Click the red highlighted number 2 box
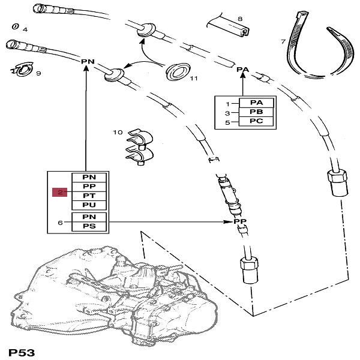[x=61, y=192]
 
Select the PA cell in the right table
[x=256, y=103]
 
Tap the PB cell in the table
[x=256, y=112]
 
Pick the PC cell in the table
[x=256, y=122]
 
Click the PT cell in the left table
[x=88, y=196]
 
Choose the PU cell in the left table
[x=88, y=206]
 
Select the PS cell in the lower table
[x=88, y=227]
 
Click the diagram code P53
[x=21, y=350]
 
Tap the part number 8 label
[x=240, y=19]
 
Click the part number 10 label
[x=118, y=131]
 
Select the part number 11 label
[x=193, y=78]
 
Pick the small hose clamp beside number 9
[x=22, y=71]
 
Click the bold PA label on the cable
[x=242, y=70]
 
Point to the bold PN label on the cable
[x=88, y=61]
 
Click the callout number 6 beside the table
[x=60, y=223]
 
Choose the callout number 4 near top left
[x=25, y=29]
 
